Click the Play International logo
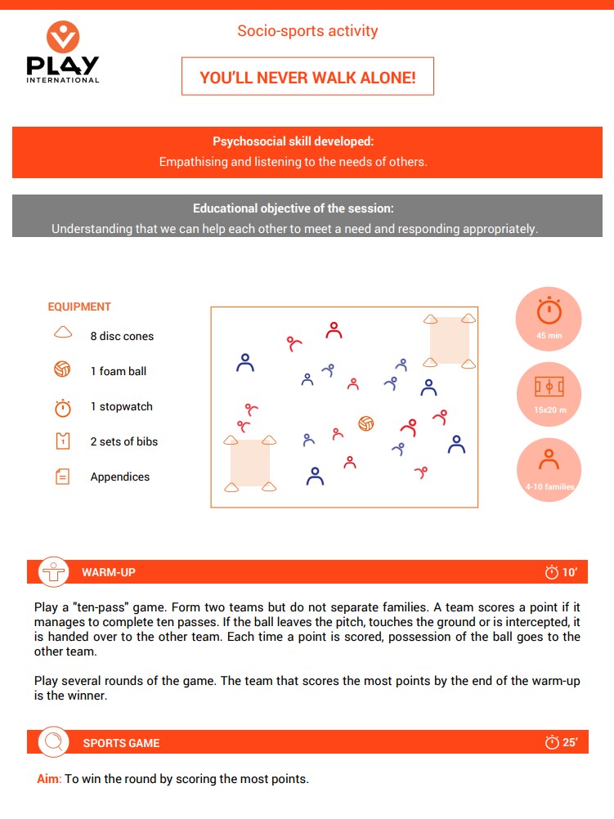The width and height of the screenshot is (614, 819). pyautogui.click(x=62, y=53)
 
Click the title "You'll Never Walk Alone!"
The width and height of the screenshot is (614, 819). pyautogui.click(x=307, y=78)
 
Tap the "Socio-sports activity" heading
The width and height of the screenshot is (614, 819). pyautogui.click(x=307, y=31)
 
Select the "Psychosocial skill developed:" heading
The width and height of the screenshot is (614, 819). pyautogui.click(x=293, y=141)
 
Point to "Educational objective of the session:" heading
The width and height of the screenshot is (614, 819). pyautogui.click(x=293, y=208)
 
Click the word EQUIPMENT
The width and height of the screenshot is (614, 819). pyautogui.click(x=79, y=307)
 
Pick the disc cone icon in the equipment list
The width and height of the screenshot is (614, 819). pyautogui.click(x=63, y=333)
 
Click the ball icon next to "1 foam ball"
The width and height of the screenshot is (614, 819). pyautogui.click(x=63, y=369)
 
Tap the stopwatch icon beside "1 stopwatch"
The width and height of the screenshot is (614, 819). pyautogui.click(x=63, y=406)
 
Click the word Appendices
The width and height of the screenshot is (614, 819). pyautogui.click(x=120, y=477)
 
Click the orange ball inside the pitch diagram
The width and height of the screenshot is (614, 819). pyautogui.click(x=366, y=423)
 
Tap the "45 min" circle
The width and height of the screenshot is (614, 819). pyautogui.click(x=549, y=318)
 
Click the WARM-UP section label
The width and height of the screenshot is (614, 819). pyautogui.click(x=109, y=572)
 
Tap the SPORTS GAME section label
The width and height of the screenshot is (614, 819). pyautogui.click(x=121, y=743)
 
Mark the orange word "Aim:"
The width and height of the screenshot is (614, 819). pyautogui.click(x=48, y=779)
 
